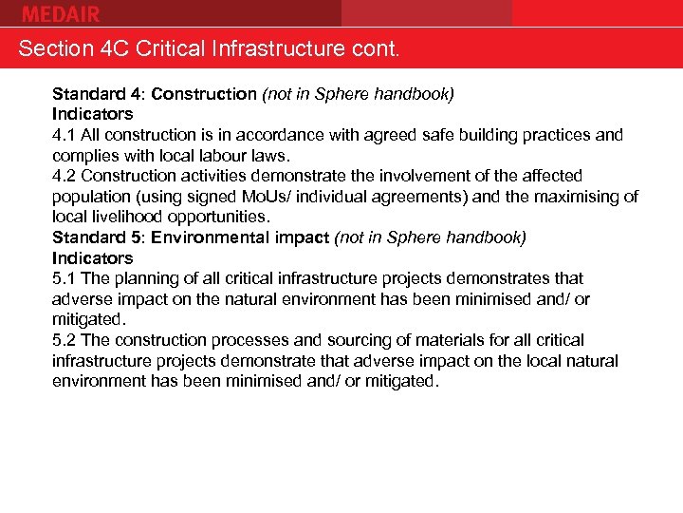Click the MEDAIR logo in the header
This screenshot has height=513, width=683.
[x=60, y=13]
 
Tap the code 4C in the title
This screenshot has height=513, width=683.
[x=112, y=48]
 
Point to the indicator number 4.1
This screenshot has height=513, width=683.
[x=65, y=135]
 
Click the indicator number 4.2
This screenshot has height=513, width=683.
[x=65, y=176]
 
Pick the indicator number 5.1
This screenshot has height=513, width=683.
[x=65, y=278]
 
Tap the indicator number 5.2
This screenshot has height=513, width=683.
[x=65, y=340]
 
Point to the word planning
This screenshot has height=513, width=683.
[x=143, y=278]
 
